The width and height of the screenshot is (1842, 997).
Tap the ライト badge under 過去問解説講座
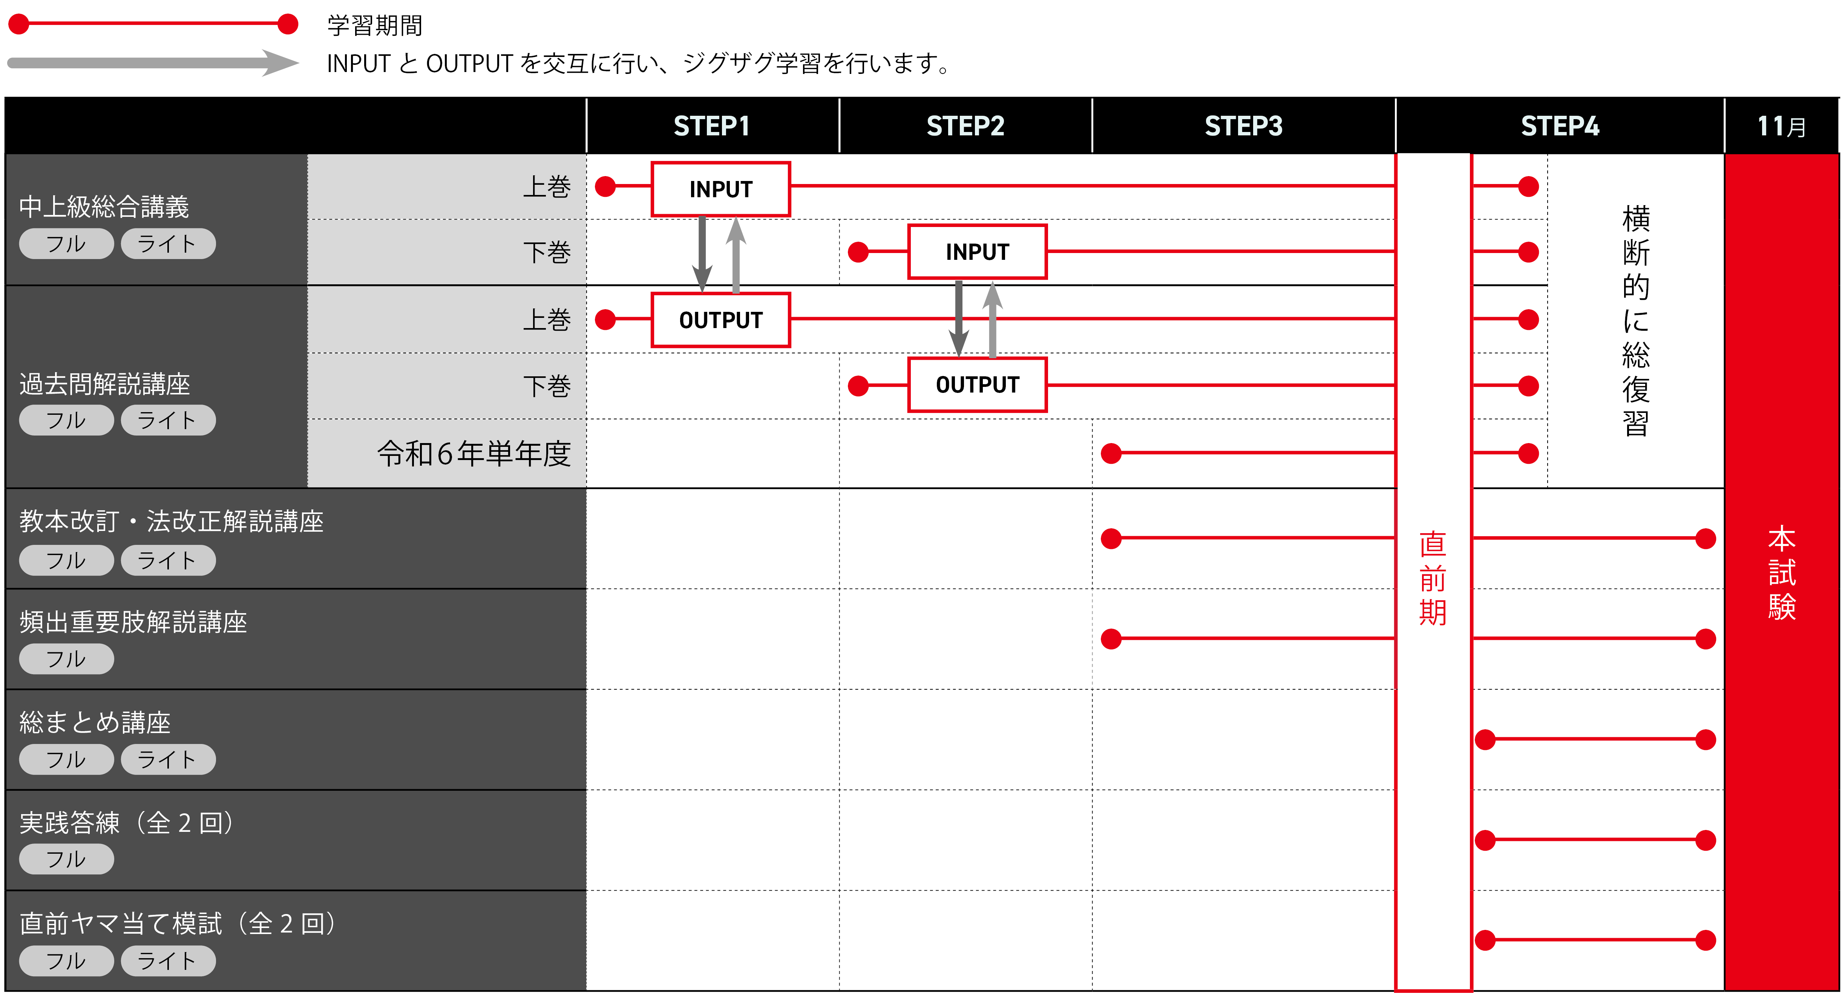[167, 420]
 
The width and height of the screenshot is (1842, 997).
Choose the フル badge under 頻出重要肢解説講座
[66, 659]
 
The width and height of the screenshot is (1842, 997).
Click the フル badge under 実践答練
[66, 859]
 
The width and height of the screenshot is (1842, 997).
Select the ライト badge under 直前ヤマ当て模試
[167, 960]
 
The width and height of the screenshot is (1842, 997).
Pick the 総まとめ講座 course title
[95, 722]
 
